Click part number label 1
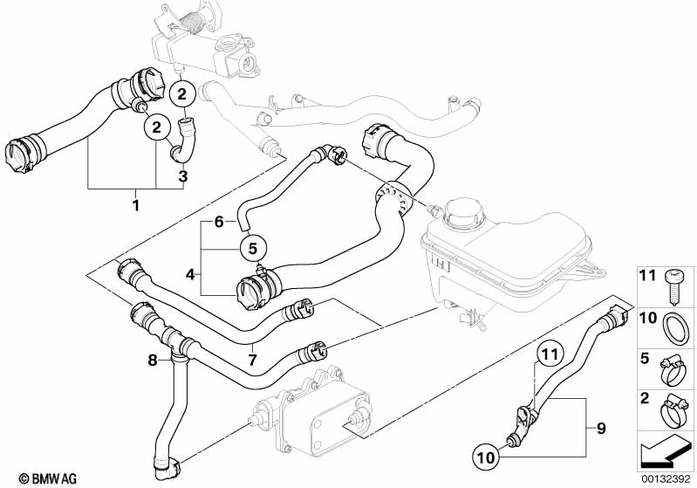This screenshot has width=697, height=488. [x=134, y=203]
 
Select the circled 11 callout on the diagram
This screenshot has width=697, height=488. [x=546, y=355]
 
